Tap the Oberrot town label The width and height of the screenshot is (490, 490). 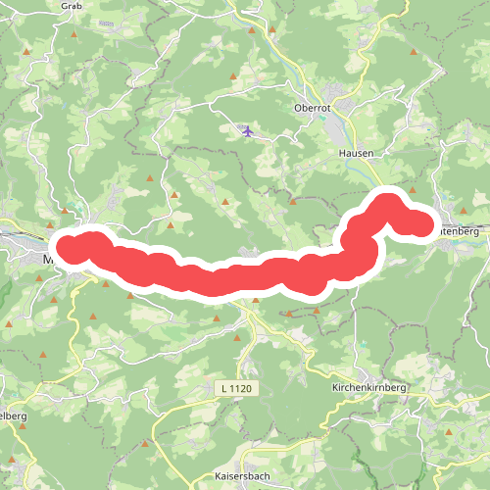tap(314, 108)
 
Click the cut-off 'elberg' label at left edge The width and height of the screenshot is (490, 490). tap(12, 416)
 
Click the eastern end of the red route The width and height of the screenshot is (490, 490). tap(422, 224)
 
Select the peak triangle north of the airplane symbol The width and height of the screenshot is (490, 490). tap(235, 78)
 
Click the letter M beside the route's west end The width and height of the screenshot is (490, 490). tap(50, 260)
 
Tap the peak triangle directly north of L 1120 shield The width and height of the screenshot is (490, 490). tap(237, 336)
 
